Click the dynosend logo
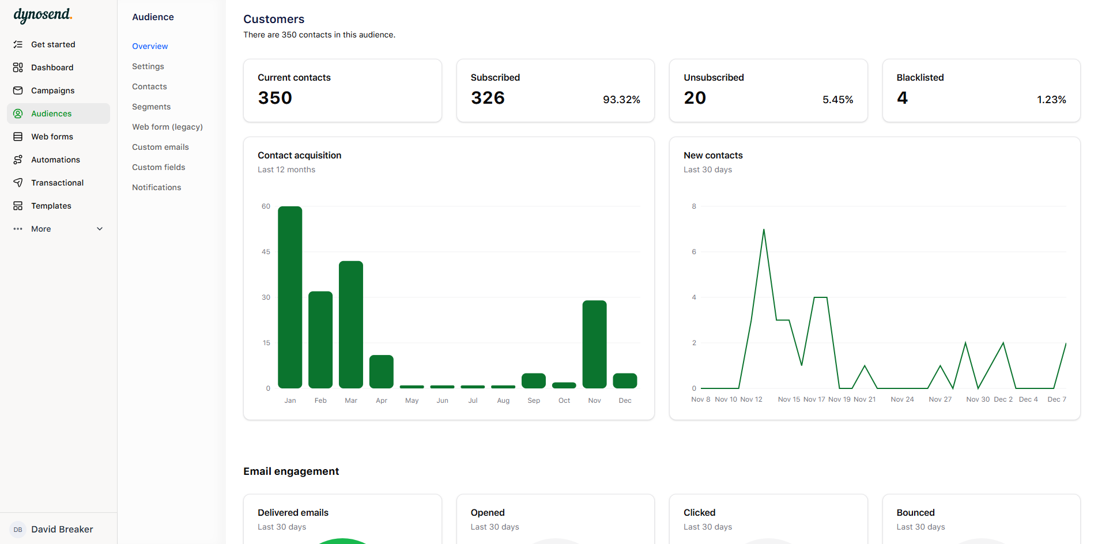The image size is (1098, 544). coord(43,16)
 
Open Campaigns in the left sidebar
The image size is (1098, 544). coord(52,90)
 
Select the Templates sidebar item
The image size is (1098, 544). coord(51,206)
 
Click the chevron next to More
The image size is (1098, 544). coord(100,229)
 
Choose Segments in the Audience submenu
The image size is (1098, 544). coord(151,107)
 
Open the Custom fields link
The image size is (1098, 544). coord(159,167)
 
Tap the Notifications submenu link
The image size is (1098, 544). coord(156,187)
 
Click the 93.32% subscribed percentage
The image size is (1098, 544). coord(621,100)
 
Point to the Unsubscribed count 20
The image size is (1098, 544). coord(695,98)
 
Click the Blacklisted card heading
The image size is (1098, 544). coord(920,77)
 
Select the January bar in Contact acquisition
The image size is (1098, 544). coord(290,297)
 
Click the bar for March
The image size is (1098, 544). coord(351,324)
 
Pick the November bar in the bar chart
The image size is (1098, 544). coord(594,344)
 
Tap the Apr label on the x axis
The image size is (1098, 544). coord(382,401)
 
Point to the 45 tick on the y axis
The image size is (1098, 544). coord(266,252)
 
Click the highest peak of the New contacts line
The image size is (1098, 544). coord(764,230)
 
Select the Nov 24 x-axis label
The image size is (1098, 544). coord(902,399)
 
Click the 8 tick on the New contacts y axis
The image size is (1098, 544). coord(694,206)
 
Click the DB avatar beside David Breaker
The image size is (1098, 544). coord(18,530)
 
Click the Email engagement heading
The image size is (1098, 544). coord(291,471)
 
